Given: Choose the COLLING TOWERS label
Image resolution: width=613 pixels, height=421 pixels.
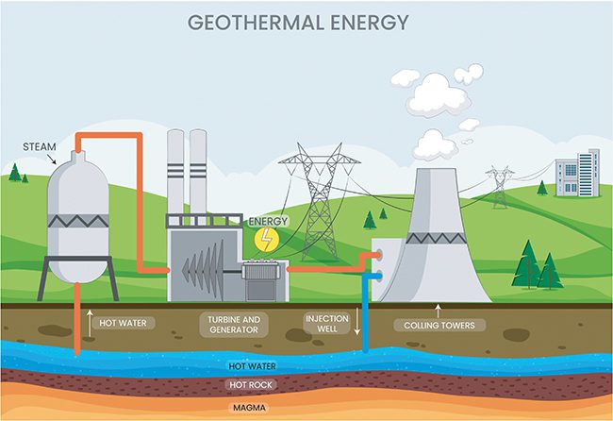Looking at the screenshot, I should (x=440, y=326).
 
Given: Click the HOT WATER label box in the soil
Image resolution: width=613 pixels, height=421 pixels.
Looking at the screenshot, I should (x=124, y=323).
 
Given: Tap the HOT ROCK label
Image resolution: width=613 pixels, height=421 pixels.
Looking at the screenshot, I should (x=249, y=385).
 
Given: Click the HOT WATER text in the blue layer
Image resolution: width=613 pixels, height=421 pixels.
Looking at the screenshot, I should (x=249, y=365).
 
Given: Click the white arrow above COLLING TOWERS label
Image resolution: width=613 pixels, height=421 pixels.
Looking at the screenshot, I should (x=439, y=308).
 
